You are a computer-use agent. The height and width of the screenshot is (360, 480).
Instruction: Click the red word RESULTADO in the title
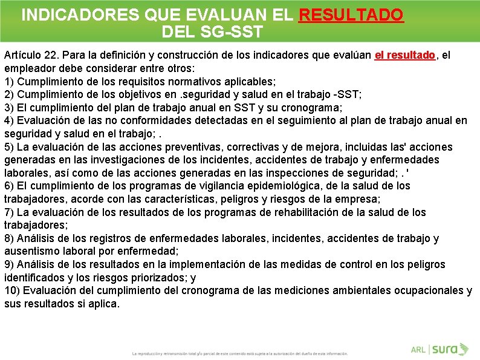[351, 15]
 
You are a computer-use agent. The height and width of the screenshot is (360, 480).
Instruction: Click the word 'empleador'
[30, 68]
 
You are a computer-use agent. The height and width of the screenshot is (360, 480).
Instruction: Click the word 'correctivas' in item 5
[265, 147]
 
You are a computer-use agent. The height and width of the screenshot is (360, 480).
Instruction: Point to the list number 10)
[12, 291]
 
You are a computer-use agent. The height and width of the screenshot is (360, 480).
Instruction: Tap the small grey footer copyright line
[240, 353]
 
